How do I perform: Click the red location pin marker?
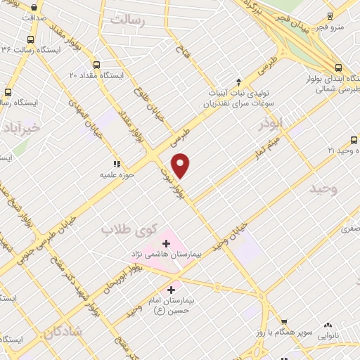click(181, 165)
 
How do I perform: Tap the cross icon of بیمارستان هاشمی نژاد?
click(166, 243)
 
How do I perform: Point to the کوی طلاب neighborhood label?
click(127, 228)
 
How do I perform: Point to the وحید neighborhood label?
click(325, 188)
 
